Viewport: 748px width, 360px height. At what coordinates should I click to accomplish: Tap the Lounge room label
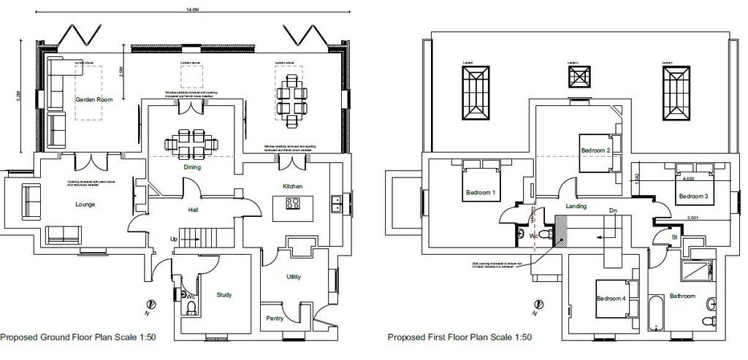point(85,204)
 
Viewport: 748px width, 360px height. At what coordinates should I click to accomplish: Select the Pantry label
point(275,318)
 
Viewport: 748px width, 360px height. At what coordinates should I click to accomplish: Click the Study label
point(224,295)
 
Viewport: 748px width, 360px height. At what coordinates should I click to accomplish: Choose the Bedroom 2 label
point(595,150)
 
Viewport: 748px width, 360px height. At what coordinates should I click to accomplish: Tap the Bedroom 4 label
point(611,299)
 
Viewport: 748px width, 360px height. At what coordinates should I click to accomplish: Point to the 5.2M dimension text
point(28,94)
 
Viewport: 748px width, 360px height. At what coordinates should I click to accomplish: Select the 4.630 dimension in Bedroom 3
point(688,178)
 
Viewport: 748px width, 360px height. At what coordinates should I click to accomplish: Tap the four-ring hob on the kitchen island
point(293,204)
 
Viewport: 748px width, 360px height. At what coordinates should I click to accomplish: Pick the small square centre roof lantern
point(579,76)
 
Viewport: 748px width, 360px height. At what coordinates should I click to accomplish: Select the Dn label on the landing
point(613,210)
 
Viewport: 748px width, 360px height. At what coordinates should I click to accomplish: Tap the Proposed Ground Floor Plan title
point(77,338)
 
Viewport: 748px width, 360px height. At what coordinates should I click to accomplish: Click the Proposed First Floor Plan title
point(459,338)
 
